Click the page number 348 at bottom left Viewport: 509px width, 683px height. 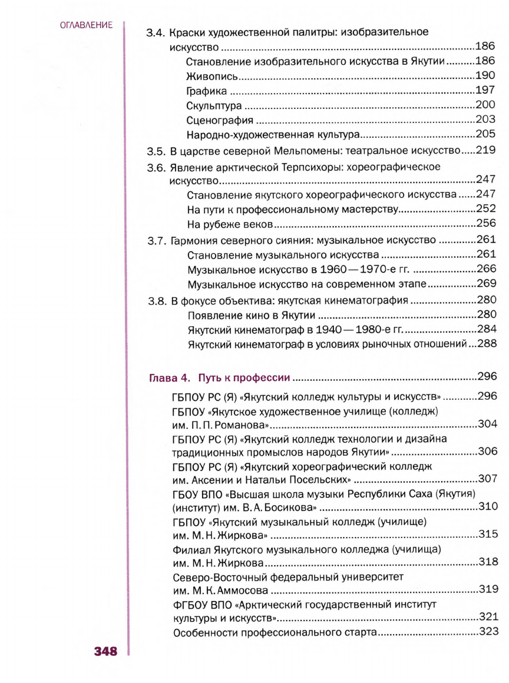[x=105, y=651]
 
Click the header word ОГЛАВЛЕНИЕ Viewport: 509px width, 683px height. [x=86, y=25]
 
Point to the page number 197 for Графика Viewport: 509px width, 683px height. [x=486, y=91]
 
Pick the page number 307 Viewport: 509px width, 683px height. [x=488, y=479]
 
